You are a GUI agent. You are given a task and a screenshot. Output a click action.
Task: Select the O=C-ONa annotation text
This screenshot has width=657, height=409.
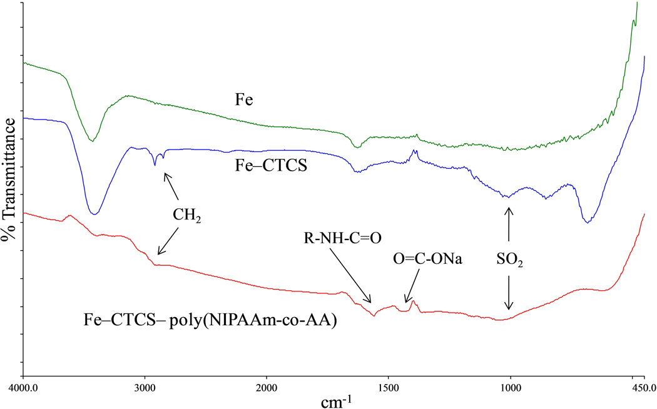click(x=427, y=259)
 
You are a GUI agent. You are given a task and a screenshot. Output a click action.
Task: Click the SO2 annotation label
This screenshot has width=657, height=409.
click(x=510, y=258)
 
